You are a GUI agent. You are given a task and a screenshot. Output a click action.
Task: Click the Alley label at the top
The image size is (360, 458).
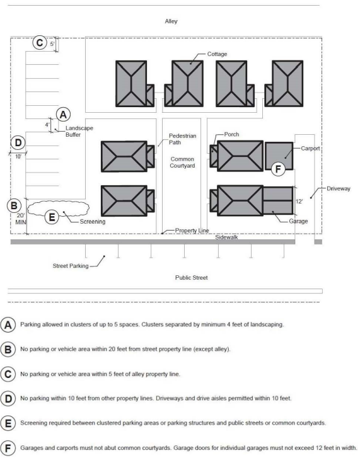tap(171, 21)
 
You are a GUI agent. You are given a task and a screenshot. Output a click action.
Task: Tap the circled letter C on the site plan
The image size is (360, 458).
tap(40, 42)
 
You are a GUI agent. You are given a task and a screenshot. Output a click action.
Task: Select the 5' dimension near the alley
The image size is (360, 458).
tap(52, 44)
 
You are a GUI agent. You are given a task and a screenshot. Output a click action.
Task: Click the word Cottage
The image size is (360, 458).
tap(217, 54)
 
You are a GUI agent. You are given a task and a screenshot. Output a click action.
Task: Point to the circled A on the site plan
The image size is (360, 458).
tap(63, 115)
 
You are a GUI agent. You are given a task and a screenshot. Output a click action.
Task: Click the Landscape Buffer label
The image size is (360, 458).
tap(79, 132)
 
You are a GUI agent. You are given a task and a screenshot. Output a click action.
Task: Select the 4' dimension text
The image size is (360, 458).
tap(47, 125)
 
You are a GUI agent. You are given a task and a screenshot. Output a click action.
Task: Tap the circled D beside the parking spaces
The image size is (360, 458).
tap(18, 143)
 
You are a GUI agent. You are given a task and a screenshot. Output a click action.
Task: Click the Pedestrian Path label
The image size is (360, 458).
tap(182, 139)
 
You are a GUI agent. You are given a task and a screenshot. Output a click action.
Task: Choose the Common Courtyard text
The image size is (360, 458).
tap(182, 163)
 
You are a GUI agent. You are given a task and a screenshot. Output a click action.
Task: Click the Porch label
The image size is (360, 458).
tap(232, 134)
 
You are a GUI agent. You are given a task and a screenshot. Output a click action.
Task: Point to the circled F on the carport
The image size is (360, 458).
tap(278, 169)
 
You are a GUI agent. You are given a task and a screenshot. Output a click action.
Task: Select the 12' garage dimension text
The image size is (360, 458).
tap(299, 202)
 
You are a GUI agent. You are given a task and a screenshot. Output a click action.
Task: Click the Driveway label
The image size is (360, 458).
tap(339, 189)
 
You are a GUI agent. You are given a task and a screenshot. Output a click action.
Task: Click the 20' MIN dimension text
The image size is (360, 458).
tap(20, 219)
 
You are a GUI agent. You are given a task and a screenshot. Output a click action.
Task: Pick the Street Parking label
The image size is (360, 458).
tap(71, 266)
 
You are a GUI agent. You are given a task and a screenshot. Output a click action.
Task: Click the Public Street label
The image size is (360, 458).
tap(192, 278)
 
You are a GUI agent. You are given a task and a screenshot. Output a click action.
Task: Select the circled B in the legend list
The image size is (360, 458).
tap(8, 350)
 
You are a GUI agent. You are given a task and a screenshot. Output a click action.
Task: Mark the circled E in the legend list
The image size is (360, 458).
tap(8, 423)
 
